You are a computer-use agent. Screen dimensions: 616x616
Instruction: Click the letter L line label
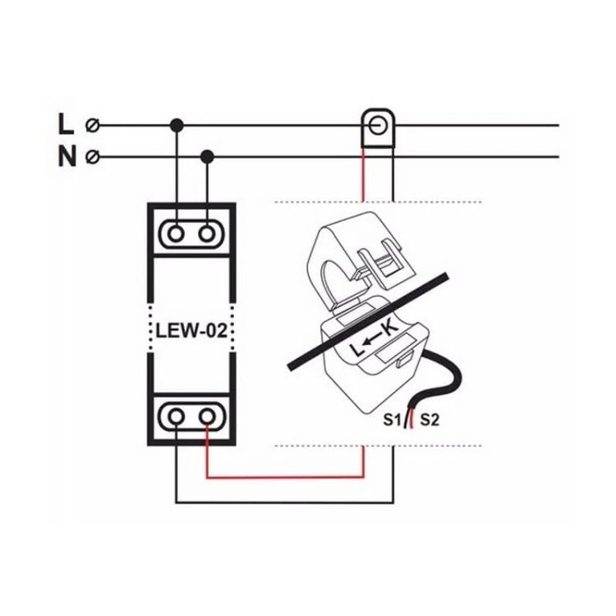66,126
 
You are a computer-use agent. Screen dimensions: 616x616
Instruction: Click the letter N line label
67,156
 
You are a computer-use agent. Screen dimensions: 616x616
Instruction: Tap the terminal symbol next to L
94,126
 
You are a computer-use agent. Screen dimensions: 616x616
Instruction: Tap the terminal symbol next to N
94,156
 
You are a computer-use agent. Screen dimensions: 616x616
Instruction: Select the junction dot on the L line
176,126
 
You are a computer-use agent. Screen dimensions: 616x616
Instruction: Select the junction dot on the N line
207,156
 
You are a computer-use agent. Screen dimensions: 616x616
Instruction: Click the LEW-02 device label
191,333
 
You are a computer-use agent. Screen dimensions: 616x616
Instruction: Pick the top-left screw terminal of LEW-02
176,234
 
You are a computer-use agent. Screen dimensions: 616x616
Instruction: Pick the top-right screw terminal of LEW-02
207,234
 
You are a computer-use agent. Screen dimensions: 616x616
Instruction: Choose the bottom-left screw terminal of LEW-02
176,416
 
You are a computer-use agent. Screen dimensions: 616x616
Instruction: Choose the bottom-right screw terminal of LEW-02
207,416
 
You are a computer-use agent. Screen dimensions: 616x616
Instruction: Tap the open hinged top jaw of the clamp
353,246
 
